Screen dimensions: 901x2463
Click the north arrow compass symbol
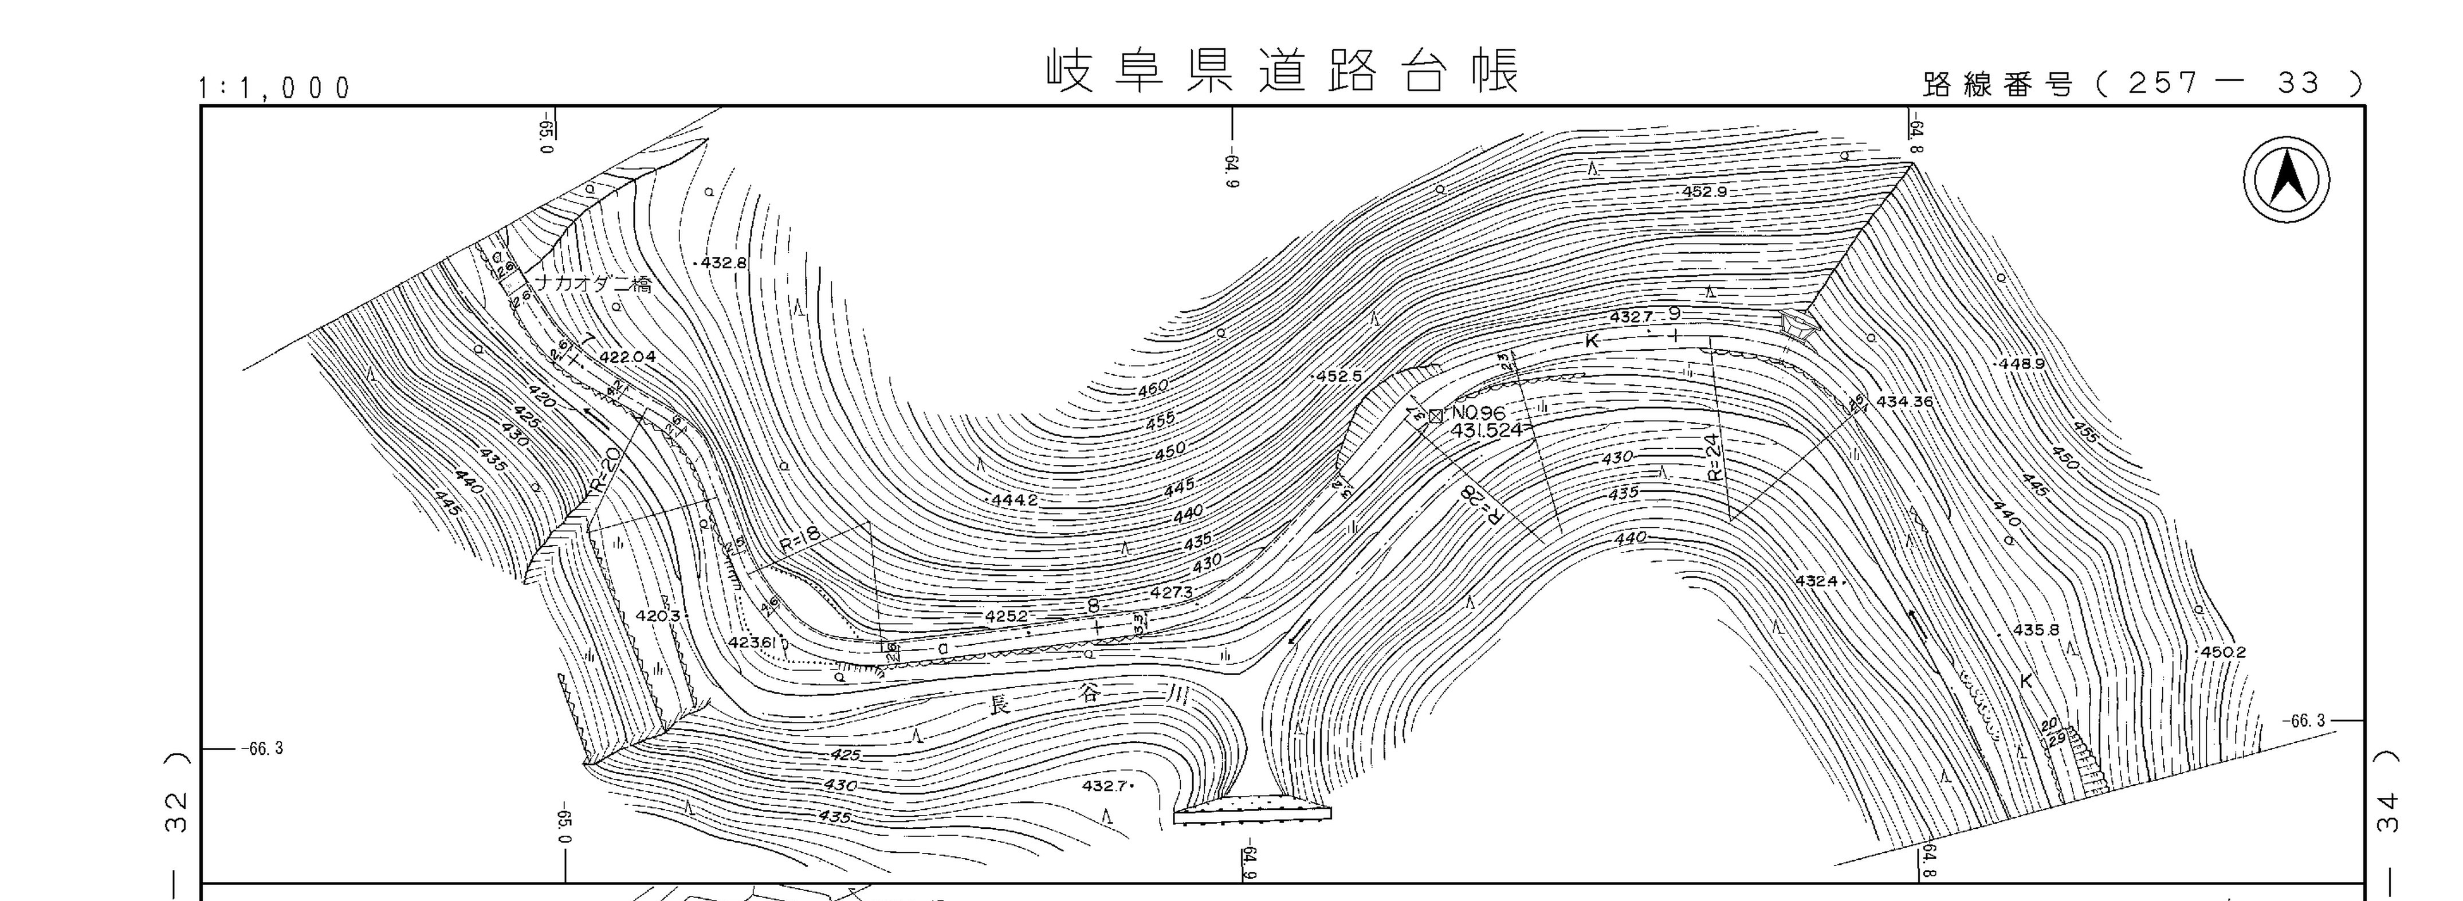[2286, 180]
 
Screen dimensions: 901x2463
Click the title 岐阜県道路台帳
[1281, 72]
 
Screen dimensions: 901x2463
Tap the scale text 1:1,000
[274, 89]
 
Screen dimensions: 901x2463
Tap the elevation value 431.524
[1486, 430]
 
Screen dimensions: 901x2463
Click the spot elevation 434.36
[1904, 402]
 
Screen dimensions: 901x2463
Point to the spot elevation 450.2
[2223, 652]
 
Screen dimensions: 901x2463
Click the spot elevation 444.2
[1015, 500]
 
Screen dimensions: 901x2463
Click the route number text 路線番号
[1997, 85]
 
